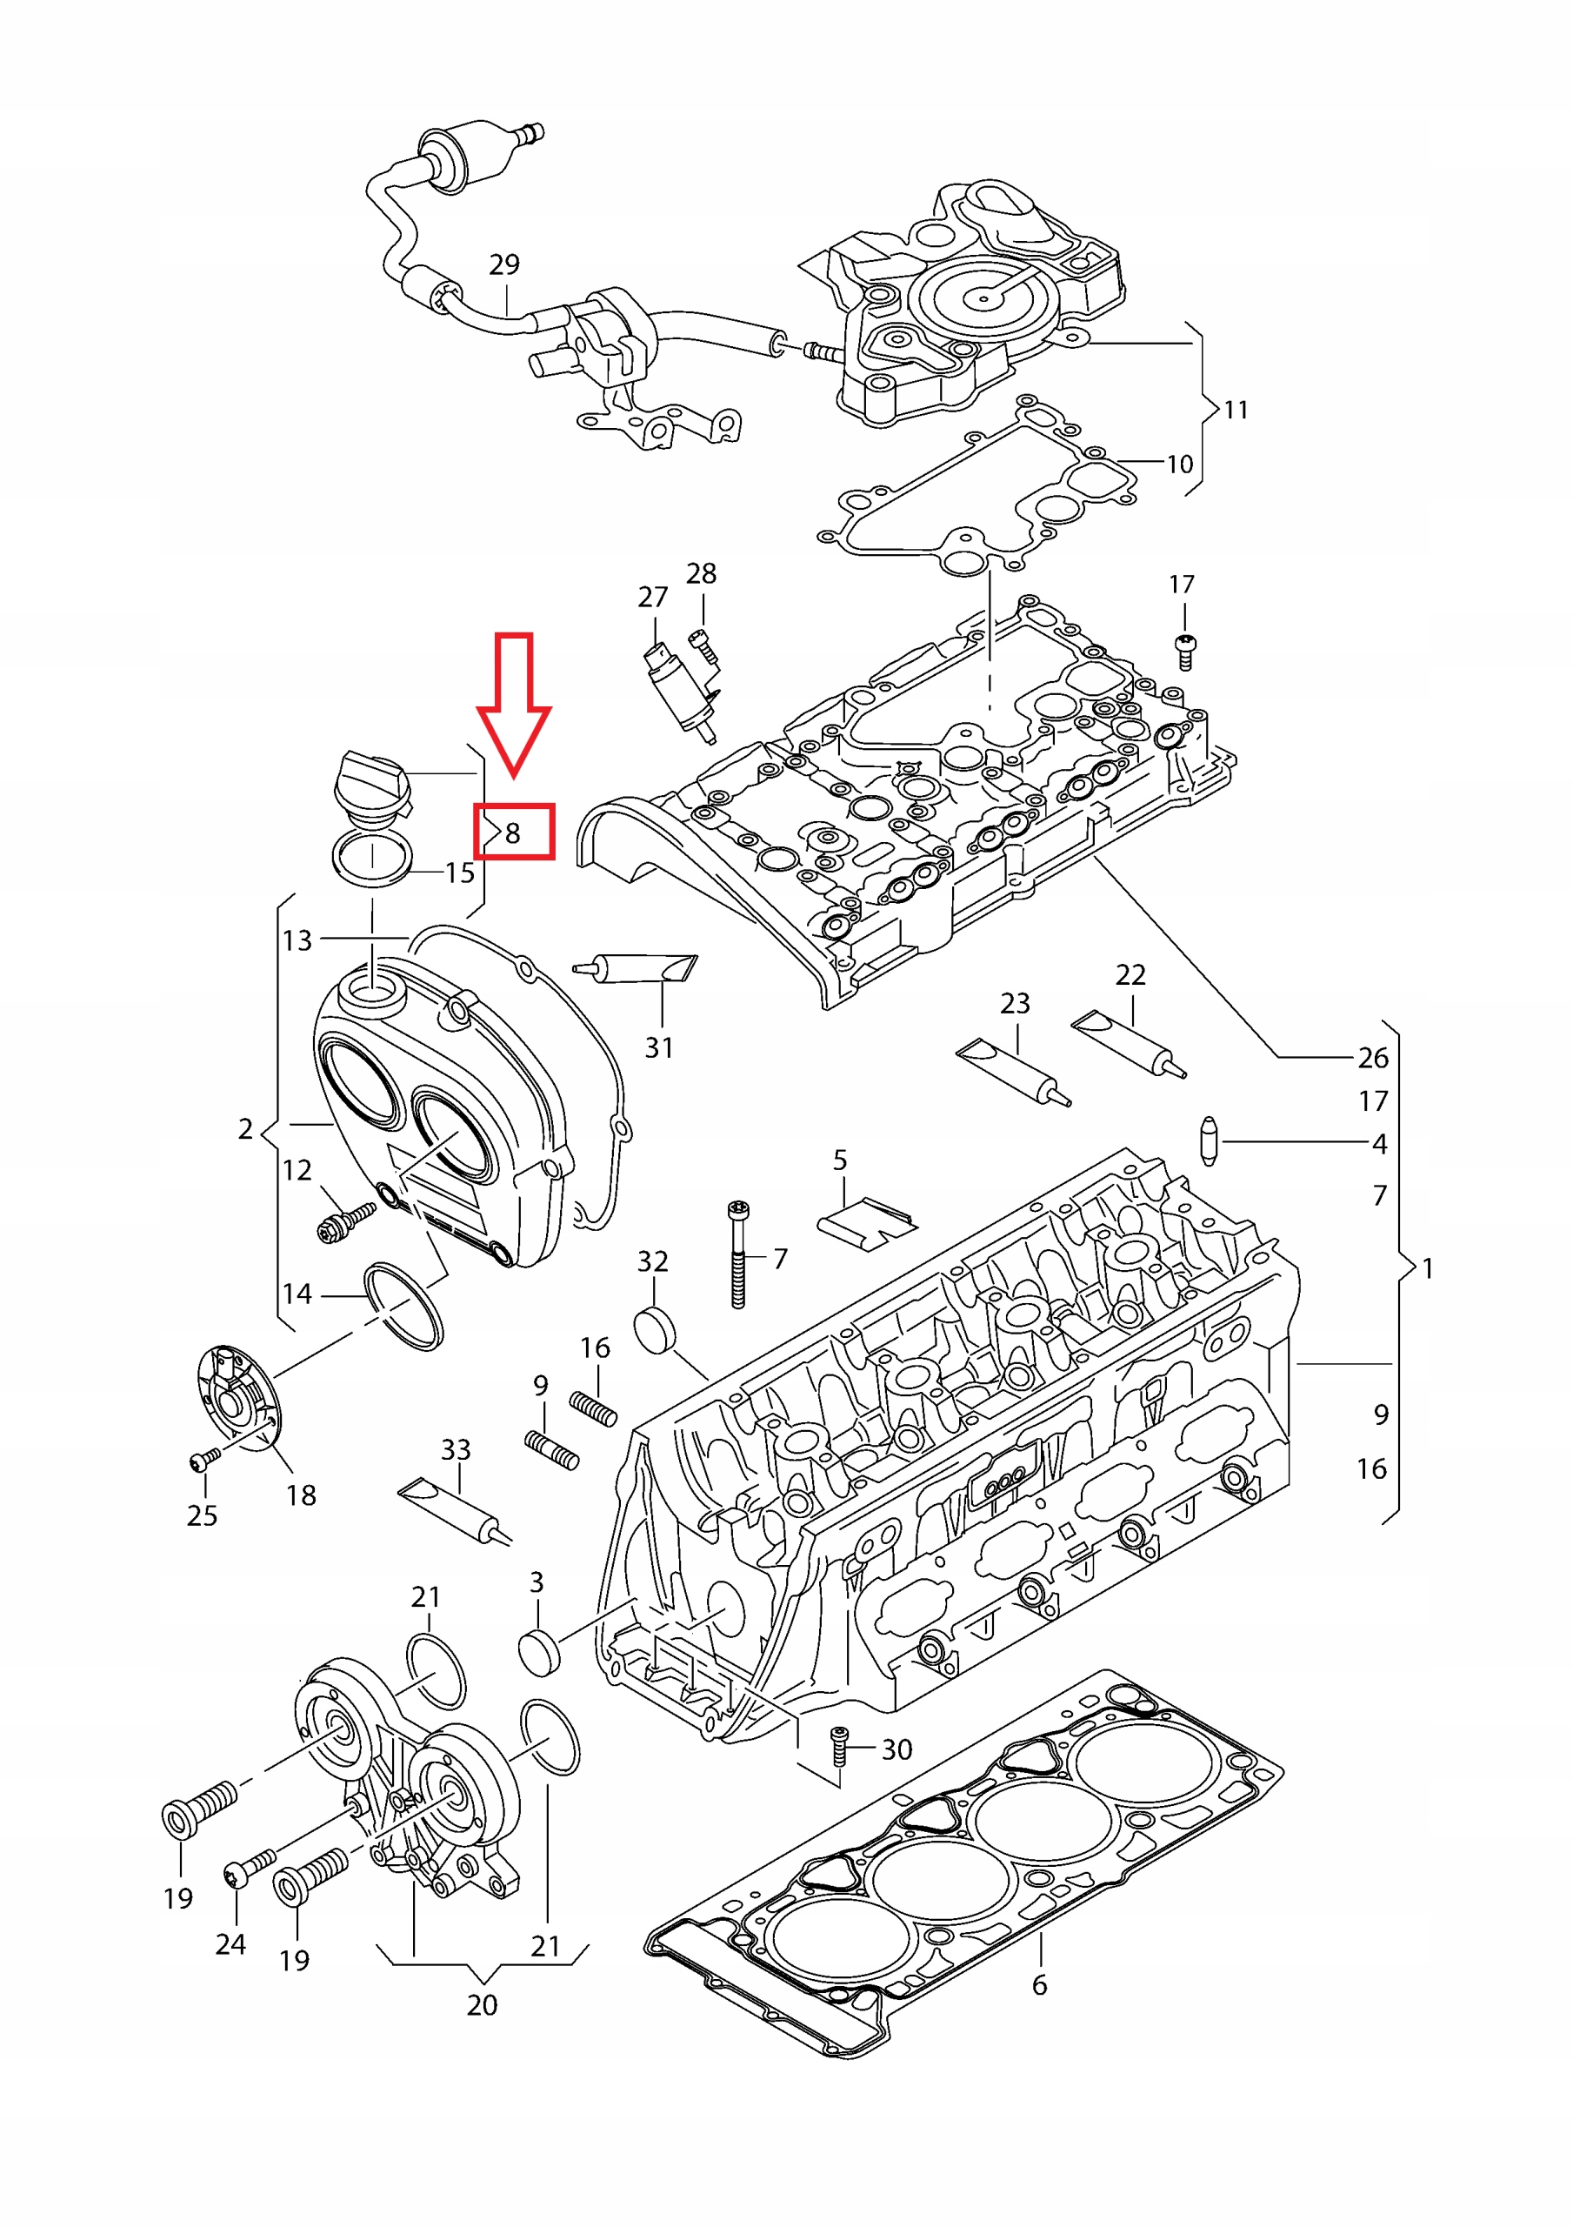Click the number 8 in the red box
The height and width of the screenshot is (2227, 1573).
(x=513, y=833)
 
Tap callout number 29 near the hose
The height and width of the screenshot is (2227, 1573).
(x=504, y=264)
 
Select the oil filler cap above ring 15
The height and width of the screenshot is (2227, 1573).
(x=371, y=784)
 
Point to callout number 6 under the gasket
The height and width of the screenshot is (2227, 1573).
(x=1040, y=1985)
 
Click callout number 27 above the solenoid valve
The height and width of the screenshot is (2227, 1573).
(x=653, y=597)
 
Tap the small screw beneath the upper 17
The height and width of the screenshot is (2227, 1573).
(x=1184, y=652)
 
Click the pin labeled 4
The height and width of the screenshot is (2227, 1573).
(x=1209, y=1140)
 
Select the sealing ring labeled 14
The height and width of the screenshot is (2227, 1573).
(x=404, y=1307)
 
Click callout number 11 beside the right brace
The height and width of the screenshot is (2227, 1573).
(x=1236, y=410)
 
